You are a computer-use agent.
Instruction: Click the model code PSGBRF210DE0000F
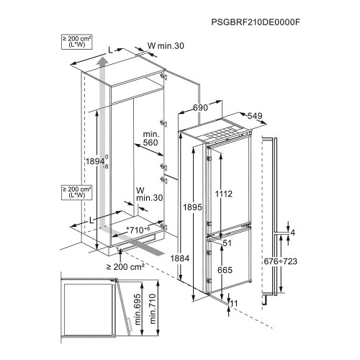(x=256, y=22)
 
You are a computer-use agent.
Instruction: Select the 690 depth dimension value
(x=200, y=107)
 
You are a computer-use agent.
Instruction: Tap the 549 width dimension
(x=255, y=116)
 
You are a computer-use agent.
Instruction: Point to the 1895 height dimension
(x=193, y=207)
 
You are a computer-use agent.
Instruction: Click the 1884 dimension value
(x=180, y=258)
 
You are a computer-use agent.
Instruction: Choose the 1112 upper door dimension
(x=224, y=194)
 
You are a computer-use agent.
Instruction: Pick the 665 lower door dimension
(x=225, y=270)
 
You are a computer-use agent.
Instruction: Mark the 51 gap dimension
(x=227, y=243)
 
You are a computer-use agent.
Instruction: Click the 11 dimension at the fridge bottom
(x=234, y=303)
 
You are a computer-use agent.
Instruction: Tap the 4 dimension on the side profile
(x=293, y=233)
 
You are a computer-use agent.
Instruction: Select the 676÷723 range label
(x=281, y=261)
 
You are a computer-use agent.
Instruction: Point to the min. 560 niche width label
(x=151, y=138)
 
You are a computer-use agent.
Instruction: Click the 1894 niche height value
(x=95, y=161)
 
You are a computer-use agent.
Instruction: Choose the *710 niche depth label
(x=138, y=230)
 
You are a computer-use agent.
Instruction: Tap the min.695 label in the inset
(x=138, y=310)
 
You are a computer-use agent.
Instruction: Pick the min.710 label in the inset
(x=153, y=308)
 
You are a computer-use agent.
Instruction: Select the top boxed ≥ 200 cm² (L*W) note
(x=77, y=42)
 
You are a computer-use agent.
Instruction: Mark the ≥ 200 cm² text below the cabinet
(x=125, y=266)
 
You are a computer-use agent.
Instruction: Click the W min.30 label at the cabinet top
(x=166, y=45)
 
